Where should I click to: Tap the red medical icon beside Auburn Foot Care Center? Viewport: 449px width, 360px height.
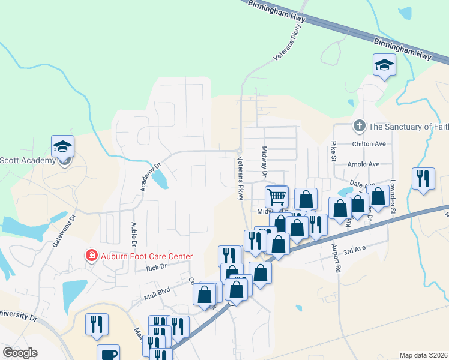point(91,256)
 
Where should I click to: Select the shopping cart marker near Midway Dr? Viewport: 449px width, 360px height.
point(277,196)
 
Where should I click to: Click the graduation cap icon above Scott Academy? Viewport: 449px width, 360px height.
point(62,146)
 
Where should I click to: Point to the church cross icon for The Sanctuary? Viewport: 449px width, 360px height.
point(359,126)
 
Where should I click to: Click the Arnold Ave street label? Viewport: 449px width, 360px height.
point(364,164)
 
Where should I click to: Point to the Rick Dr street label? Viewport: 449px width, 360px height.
point(156,268)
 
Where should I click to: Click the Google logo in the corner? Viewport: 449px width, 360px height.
point(20,353)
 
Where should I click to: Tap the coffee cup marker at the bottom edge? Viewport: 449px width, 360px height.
point(108,353)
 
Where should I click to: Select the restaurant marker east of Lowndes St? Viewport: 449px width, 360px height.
point(423,178)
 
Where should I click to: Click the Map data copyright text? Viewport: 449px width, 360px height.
point(424,355)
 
